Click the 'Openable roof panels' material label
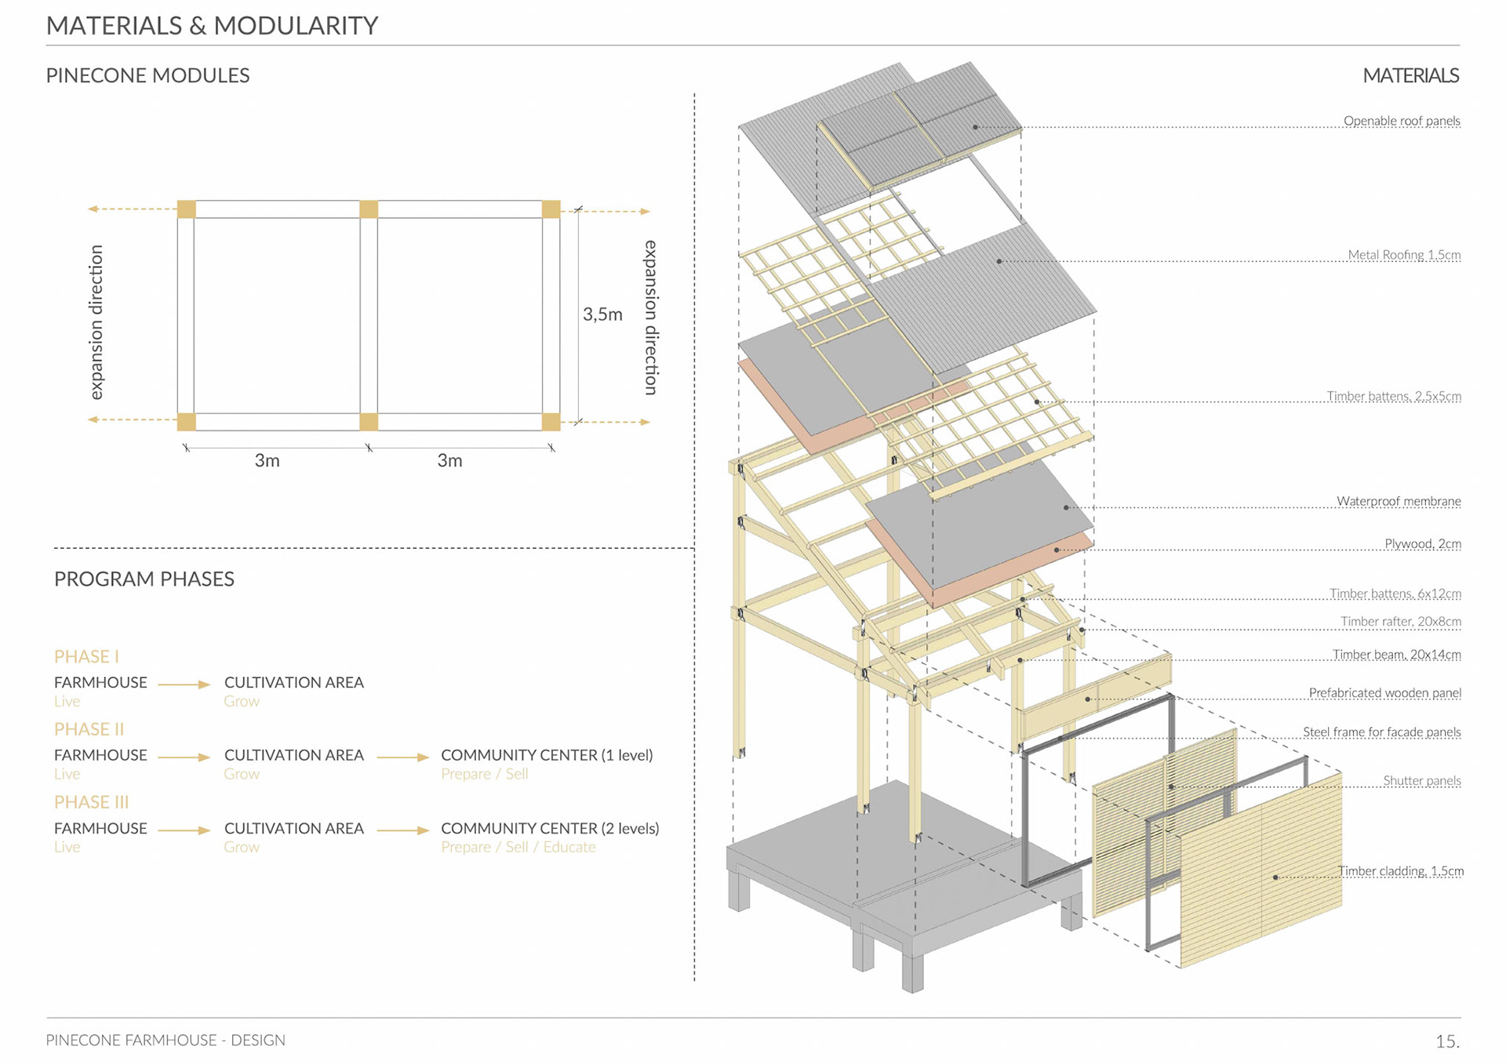1401,121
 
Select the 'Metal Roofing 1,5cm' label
1403,255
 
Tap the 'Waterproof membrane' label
1398,501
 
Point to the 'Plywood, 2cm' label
1422,543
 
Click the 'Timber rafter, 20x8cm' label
1400,622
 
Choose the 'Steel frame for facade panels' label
1381,732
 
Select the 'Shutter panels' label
1421,780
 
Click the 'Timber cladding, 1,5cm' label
1400,871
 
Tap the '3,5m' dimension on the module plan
602,314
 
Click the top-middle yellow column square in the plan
369,209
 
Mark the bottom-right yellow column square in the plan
551,422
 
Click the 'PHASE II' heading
89,729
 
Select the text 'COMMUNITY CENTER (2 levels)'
550,828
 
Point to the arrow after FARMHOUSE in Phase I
184,685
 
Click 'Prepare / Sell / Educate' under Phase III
518,847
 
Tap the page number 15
1447,1041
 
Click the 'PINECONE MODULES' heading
147,75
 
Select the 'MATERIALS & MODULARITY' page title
212,26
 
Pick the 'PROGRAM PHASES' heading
144,579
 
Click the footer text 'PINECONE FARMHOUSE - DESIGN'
166,1040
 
